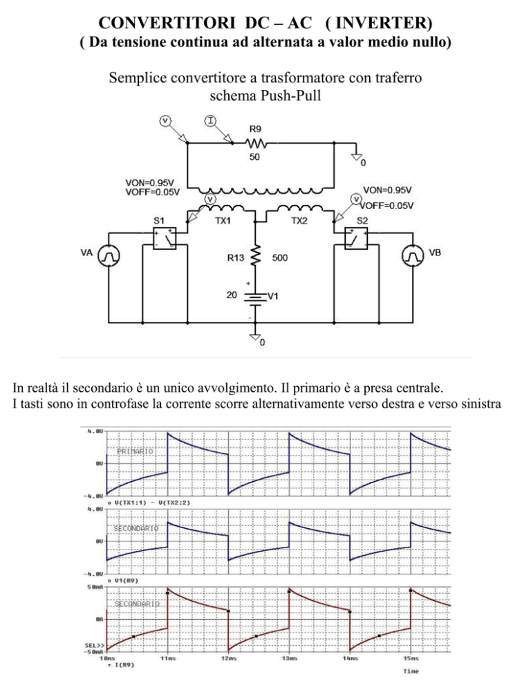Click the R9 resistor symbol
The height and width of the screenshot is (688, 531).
click(256, 143)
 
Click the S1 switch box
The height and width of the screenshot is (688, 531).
click(165, 238)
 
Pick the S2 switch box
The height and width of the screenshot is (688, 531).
click(356, 238)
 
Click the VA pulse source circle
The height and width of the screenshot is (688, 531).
click(109, 255)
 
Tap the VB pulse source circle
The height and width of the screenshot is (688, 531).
click(413, 255)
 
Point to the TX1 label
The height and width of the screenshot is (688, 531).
click(223, 221)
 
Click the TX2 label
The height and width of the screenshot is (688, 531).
click(299, 221)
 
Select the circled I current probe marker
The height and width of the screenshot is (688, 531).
click(211, 120)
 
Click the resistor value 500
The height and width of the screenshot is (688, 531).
click(280, 257)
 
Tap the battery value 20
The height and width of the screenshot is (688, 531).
click(232, 295)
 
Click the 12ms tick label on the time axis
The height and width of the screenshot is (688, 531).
click(229, 658)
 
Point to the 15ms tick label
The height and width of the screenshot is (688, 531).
click(411, 658)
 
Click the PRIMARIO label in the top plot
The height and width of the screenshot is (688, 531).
click(135, 451)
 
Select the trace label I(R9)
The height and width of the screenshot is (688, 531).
click(124, 665)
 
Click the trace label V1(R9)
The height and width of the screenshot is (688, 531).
click(127, 581)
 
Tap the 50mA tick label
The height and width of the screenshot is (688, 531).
click(95, 587)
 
